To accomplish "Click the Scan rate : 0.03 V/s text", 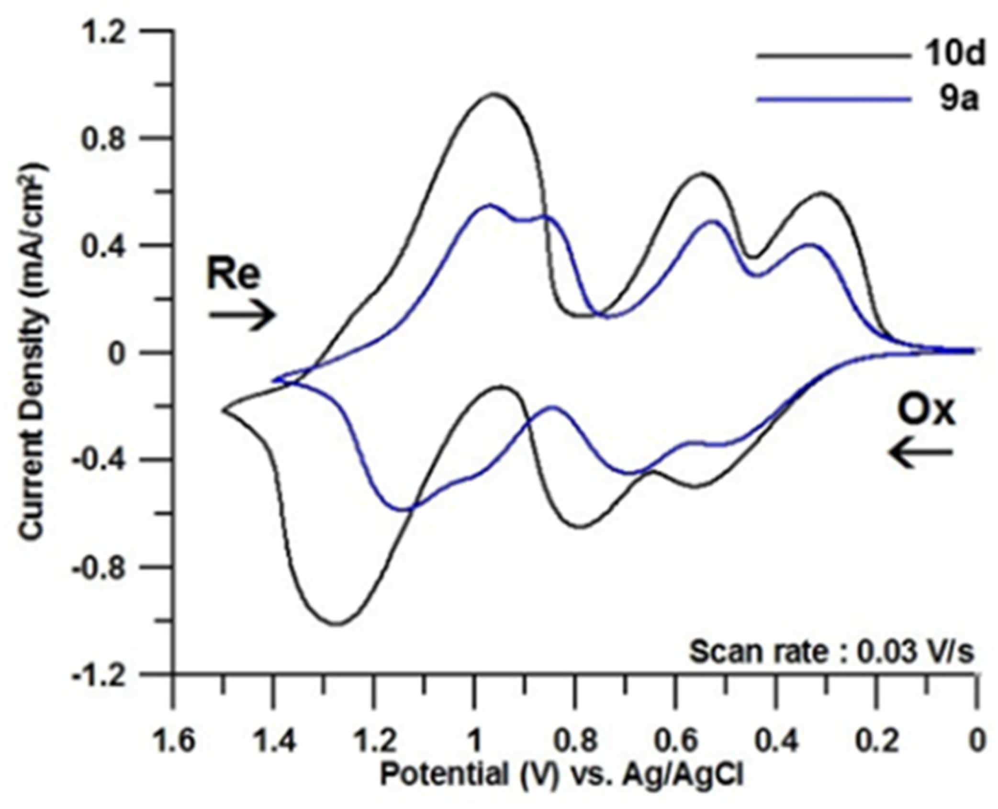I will [831, 652].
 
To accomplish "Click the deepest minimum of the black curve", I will [336, 623].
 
